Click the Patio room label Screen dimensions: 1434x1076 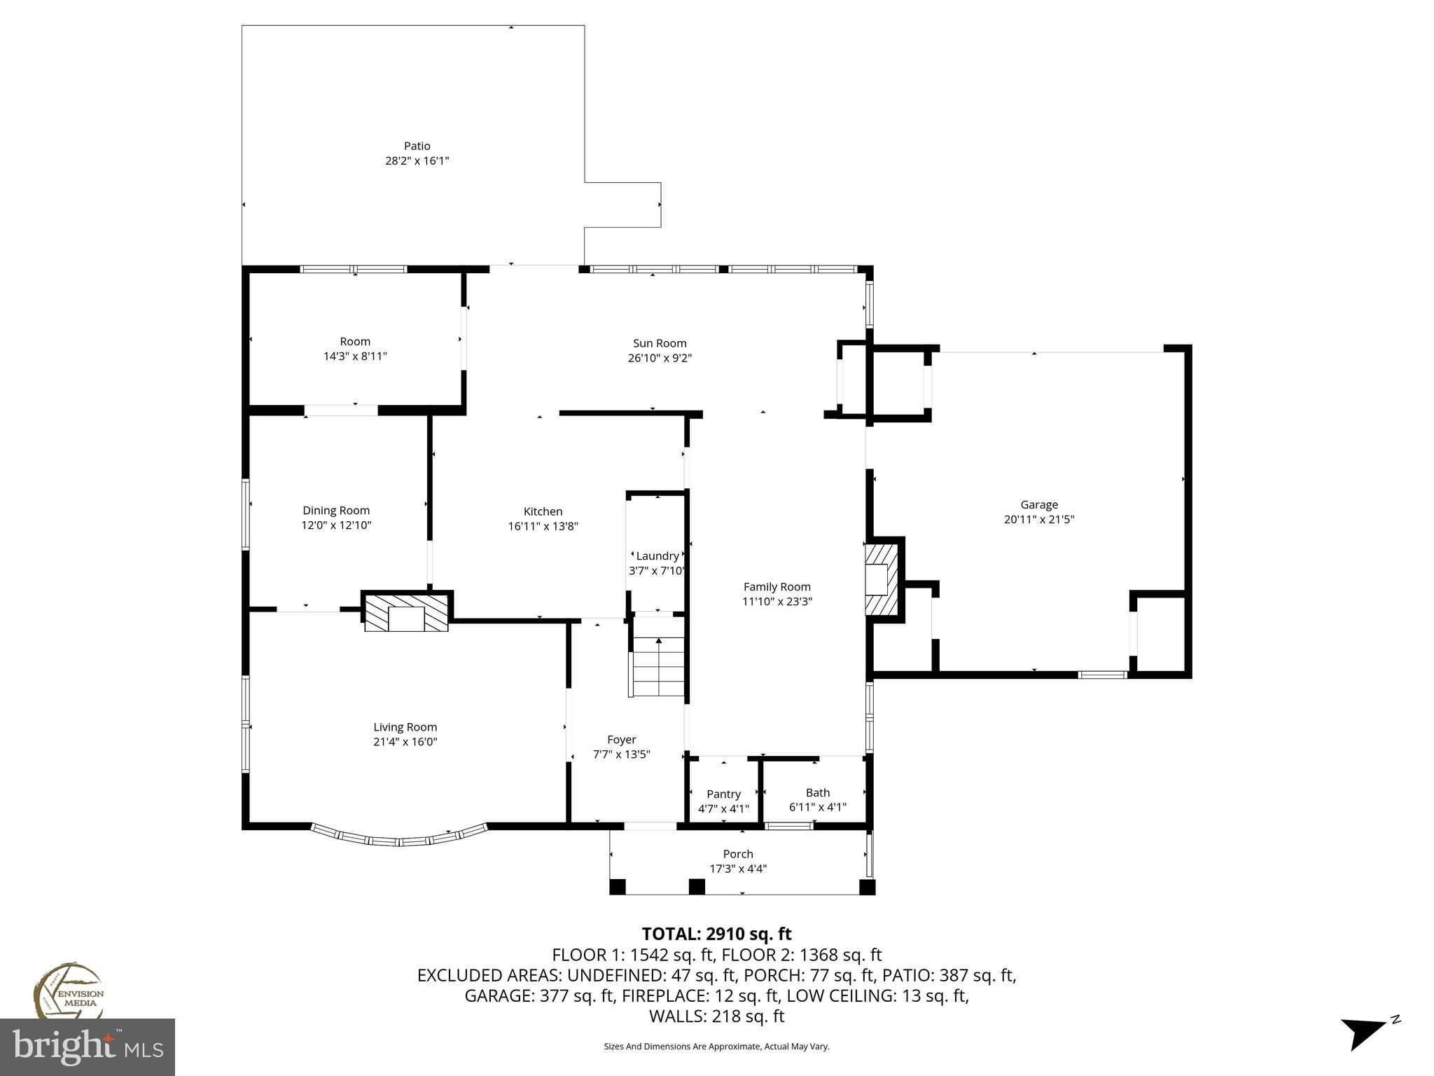point(417,146)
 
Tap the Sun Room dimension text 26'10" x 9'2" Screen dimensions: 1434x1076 point(660,358)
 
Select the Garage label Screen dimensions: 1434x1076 point(1039,504)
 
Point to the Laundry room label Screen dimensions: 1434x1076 point(657,556)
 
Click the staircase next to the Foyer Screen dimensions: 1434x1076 point(658,656)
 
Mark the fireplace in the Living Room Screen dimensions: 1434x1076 point(406,612)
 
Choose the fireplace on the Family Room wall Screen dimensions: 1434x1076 point(883,579)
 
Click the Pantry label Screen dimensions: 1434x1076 point(723,794)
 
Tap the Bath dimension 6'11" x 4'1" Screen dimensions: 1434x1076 point(818,807)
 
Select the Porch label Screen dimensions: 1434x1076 point(738,854)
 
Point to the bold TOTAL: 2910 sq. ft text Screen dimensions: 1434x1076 point(716,934)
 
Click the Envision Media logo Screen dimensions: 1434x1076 point(68,991)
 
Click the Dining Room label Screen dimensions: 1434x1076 point(336,511)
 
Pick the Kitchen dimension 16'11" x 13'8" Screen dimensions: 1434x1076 point(543,526)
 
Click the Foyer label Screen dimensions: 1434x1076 point(622,740)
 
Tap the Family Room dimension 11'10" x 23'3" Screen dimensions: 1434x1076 point(777,601)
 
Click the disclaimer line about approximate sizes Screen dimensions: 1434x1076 point(716,1047)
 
